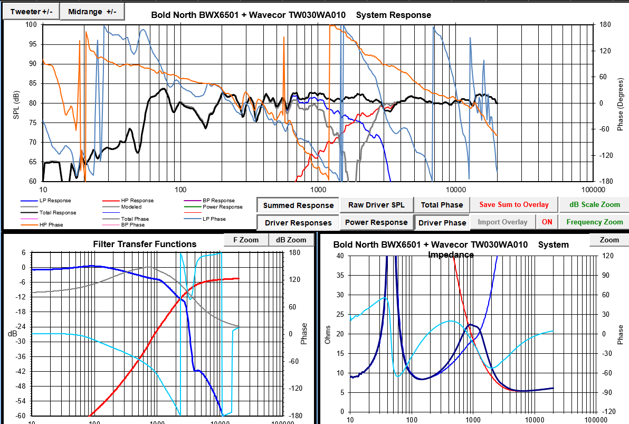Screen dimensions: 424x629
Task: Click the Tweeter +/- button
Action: point(31,12)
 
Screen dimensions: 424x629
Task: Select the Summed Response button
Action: point(298,205)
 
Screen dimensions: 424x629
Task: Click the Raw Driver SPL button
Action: point(376,205)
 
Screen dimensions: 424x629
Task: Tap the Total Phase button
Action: point(441,205)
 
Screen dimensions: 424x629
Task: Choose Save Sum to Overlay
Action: point(513,205)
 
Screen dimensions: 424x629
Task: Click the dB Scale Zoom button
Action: point(595,205)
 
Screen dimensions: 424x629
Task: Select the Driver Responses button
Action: point(298,223)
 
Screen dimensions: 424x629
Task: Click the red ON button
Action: point(547,222)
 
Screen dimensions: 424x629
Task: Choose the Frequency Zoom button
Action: point(595,222)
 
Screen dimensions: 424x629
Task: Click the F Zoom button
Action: point(246,240)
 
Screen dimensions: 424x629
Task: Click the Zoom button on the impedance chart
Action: point(609,240)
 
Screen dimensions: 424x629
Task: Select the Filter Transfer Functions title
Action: point(145,244)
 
